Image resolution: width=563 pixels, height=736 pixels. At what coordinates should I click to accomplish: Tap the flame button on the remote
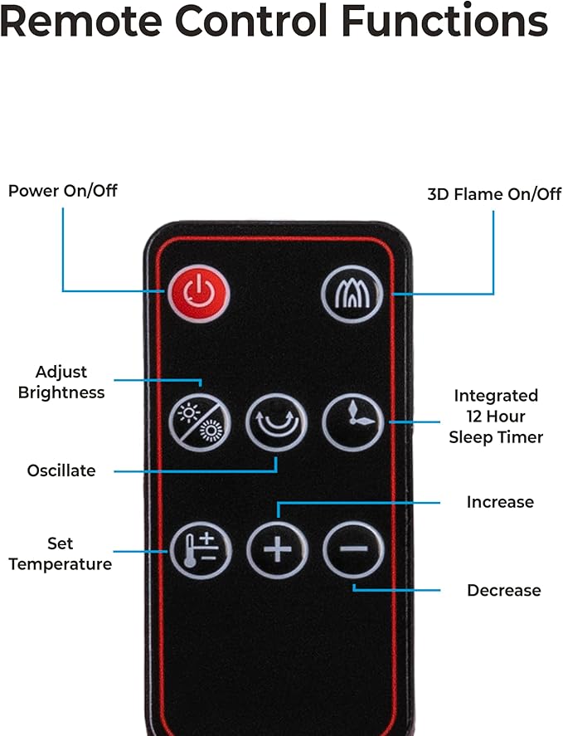[352, 294]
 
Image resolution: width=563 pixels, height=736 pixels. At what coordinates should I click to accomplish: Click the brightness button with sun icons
[200, 422]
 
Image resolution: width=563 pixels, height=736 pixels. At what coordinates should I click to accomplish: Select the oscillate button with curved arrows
[276, 422]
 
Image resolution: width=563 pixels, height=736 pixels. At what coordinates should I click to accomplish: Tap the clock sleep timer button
[353, 422]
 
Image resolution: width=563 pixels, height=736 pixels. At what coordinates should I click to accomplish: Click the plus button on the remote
[277, 549]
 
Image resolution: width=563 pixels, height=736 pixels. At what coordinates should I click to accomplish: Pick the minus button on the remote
[353, 549]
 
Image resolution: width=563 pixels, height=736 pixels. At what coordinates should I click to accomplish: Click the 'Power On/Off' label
[63, 191]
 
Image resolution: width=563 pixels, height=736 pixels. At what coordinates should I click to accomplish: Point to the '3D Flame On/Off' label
[494, 194]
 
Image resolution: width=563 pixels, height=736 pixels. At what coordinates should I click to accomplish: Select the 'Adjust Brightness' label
[61, 382]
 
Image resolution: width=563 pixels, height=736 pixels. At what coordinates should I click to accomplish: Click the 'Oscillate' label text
[61, 470]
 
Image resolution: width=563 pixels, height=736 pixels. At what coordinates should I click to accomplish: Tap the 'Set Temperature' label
[61, 554]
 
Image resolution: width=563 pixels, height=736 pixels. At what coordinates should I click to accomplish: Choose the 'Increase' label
[500, 502]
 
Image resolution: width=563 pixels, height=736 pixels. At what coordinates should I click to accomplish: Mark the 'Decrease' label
[504, 590]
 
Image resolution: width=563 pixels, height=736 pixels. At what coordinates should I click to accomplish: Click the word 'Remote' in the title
[81, 21]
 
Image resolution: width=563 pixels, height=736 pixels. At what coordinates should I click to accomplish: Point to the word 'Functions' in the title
[444, 20]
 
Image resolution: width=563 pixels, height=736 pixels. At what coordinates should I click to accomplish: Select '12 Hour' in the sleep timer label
[496, 417]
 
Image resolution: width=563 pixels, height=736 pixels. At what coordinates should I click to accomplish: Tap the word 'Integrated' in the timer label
[496, 396]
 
